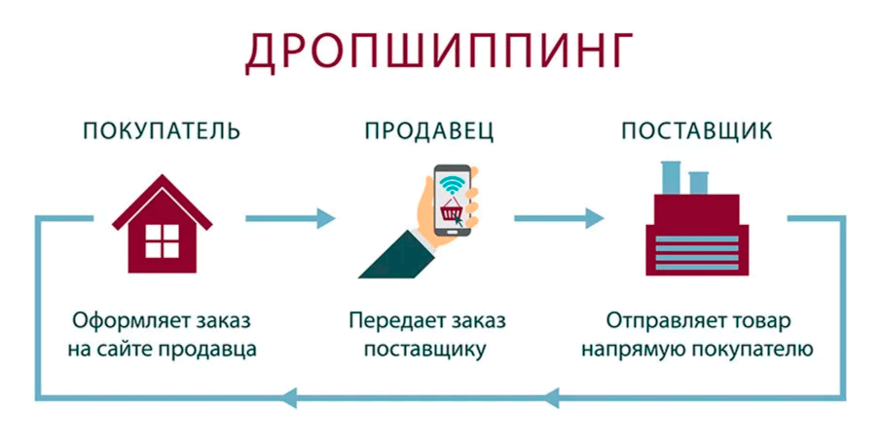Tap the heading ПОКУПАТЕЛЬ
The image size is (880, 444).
point(162,130)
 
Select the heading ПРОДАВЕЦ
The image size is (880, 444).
point(429,130)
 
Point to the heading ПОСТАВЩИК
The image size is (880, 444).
point(697,130)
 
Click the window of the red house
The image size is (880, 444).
point(163,240)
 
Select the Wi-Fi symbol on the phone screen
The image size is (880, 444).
point(450,182)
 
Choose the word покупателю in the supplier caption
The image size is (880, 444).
point(750,349)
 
